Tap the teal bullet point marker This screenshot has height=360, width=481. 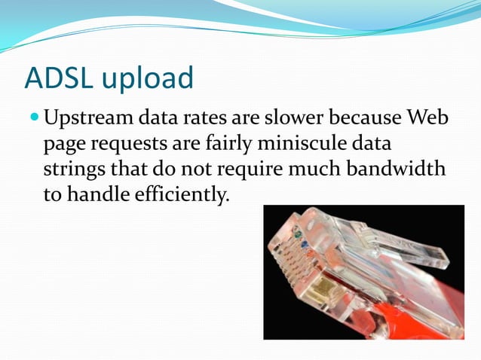[35, 118]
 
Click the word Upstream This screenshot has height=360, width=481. [89, 119]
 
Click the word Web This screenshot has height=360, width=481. [427, 118]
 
